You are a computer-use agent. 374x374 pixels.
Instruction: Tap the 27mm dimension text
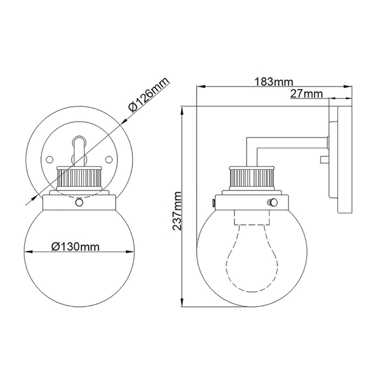(306, 93)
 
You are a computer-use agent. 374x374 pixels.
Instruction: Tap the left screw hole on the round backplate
(49, 159)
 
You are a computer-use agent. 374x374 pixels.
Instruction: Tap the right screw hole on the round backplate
(109, 159)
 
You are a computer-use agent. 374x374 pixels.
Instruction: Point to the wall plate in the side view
(343, 159)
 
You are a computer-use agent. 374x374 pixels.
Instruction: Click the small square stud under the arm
(323, 160)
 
